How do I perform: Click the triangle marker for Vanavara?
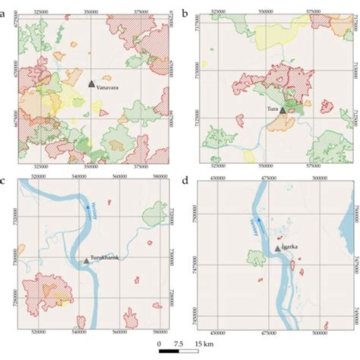pyautogui.click(x=91, y=84)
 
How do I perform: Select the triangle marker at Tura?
pyautogui.click(x=283, y=109)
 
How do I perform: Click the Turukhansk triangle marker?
pyautogui.click(x=86, y=261)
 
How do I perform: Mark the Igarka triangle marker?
pyautogui.click(x=276, y=248)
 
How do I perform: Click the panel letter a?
pyautogui.click(x=5, y=5)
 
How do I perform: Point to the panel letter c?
pyautogui.click(x=5, y=182)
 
